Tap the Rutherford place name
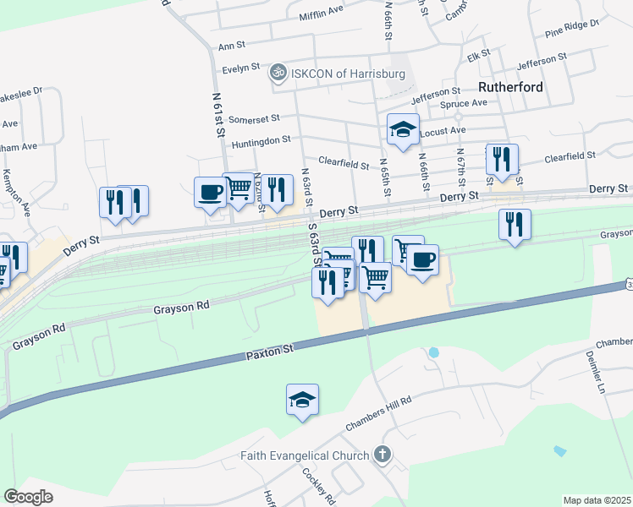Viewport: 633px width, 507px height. point(509,87)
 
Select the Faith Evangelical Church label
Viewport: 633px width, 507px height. point(305,456)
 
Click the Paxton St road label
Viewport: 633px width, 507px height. point(270,348)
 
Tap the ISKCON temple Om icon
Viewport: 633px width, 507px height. point(276,74)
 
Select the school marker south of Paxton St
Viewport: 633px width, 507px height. point(302,399)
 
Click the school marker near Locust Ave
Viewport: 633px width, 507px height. point(403,129)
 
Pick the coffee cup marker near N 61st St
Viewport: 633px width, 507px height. point(210,192)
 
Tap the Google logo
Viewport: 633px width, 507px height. point(28,497)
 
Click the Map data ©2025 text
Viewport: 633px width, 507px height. point(596,500)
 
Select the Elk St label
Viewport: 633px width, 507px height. point(480,55)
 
